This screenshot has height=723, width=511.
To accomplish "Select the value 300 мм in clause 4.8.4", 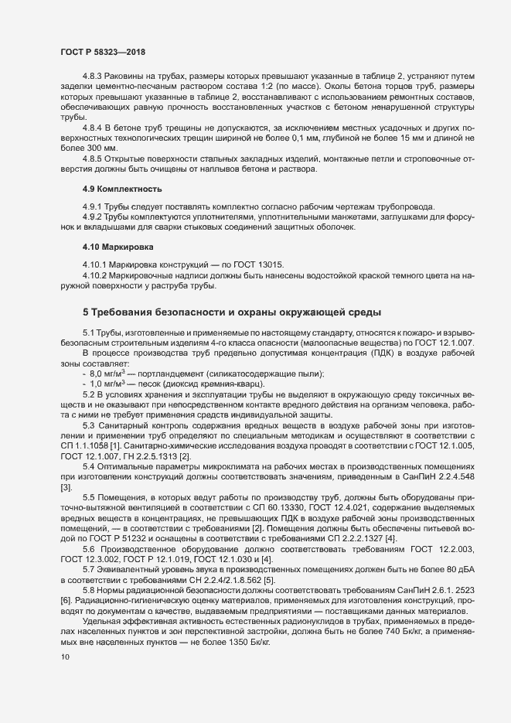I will coord(98,147).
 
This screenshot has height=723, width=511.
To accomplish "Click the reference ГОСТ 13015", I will coord(238,264).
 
